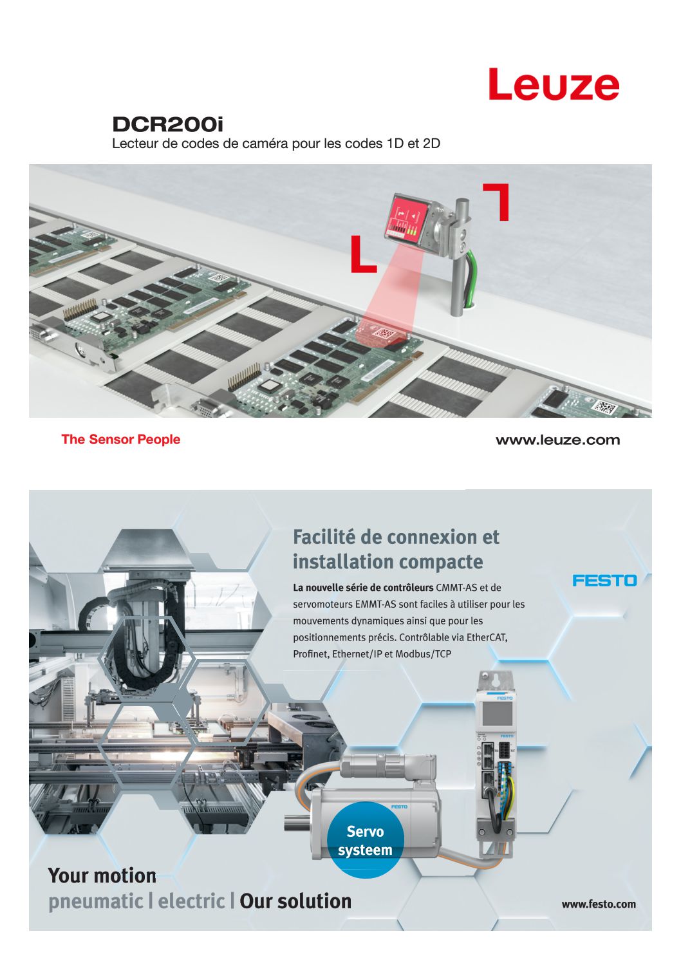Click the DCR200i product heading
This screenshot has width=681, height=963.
[167, 125]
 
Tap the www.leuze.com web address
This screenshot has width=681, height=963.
[557, 440]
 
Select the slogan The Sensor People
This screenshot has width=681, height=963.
[121, 440]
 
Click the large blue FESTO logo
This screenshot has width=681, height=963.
[604, 581]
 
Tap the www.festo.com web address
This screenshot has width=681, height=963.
[599, 904]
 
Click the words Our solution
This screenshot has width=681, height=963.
[295, 901]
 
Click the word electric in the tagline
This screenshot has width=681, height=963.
[191, 901]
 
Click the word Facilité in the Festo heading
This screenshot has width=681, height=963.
[323, 537]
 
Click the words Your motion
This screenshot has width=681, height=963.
[102, 875]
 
